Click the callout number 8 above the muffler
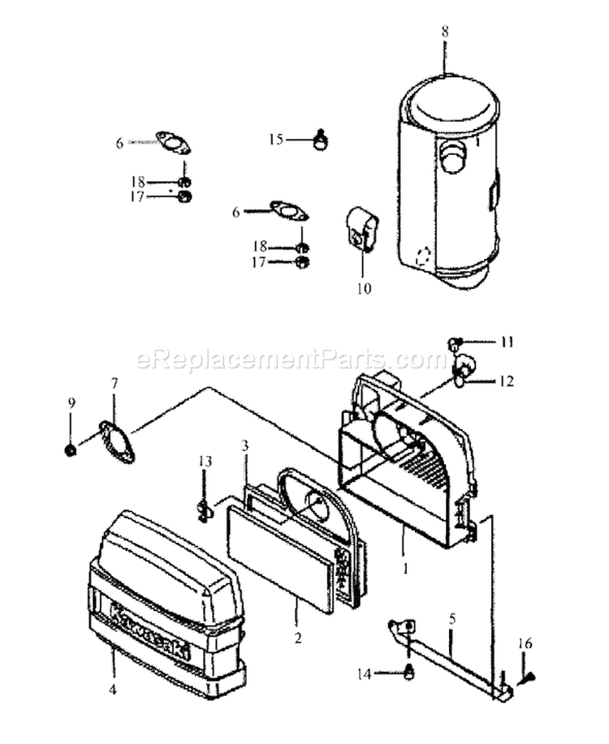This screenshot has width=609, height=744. tap(444, 32)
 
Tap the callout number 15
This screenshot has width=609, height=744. tap(275, 140)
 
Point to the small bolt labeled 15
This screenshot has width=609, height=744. tap(321, 141)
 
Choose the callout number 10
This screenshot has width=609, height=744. tap(363, 287)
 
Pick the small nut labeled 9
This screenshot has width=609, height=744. tap(71, 449)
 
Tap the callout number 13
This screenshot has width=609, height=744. tap(205, 462)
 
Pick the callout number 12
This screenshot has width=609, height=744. tap(508, 379)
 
